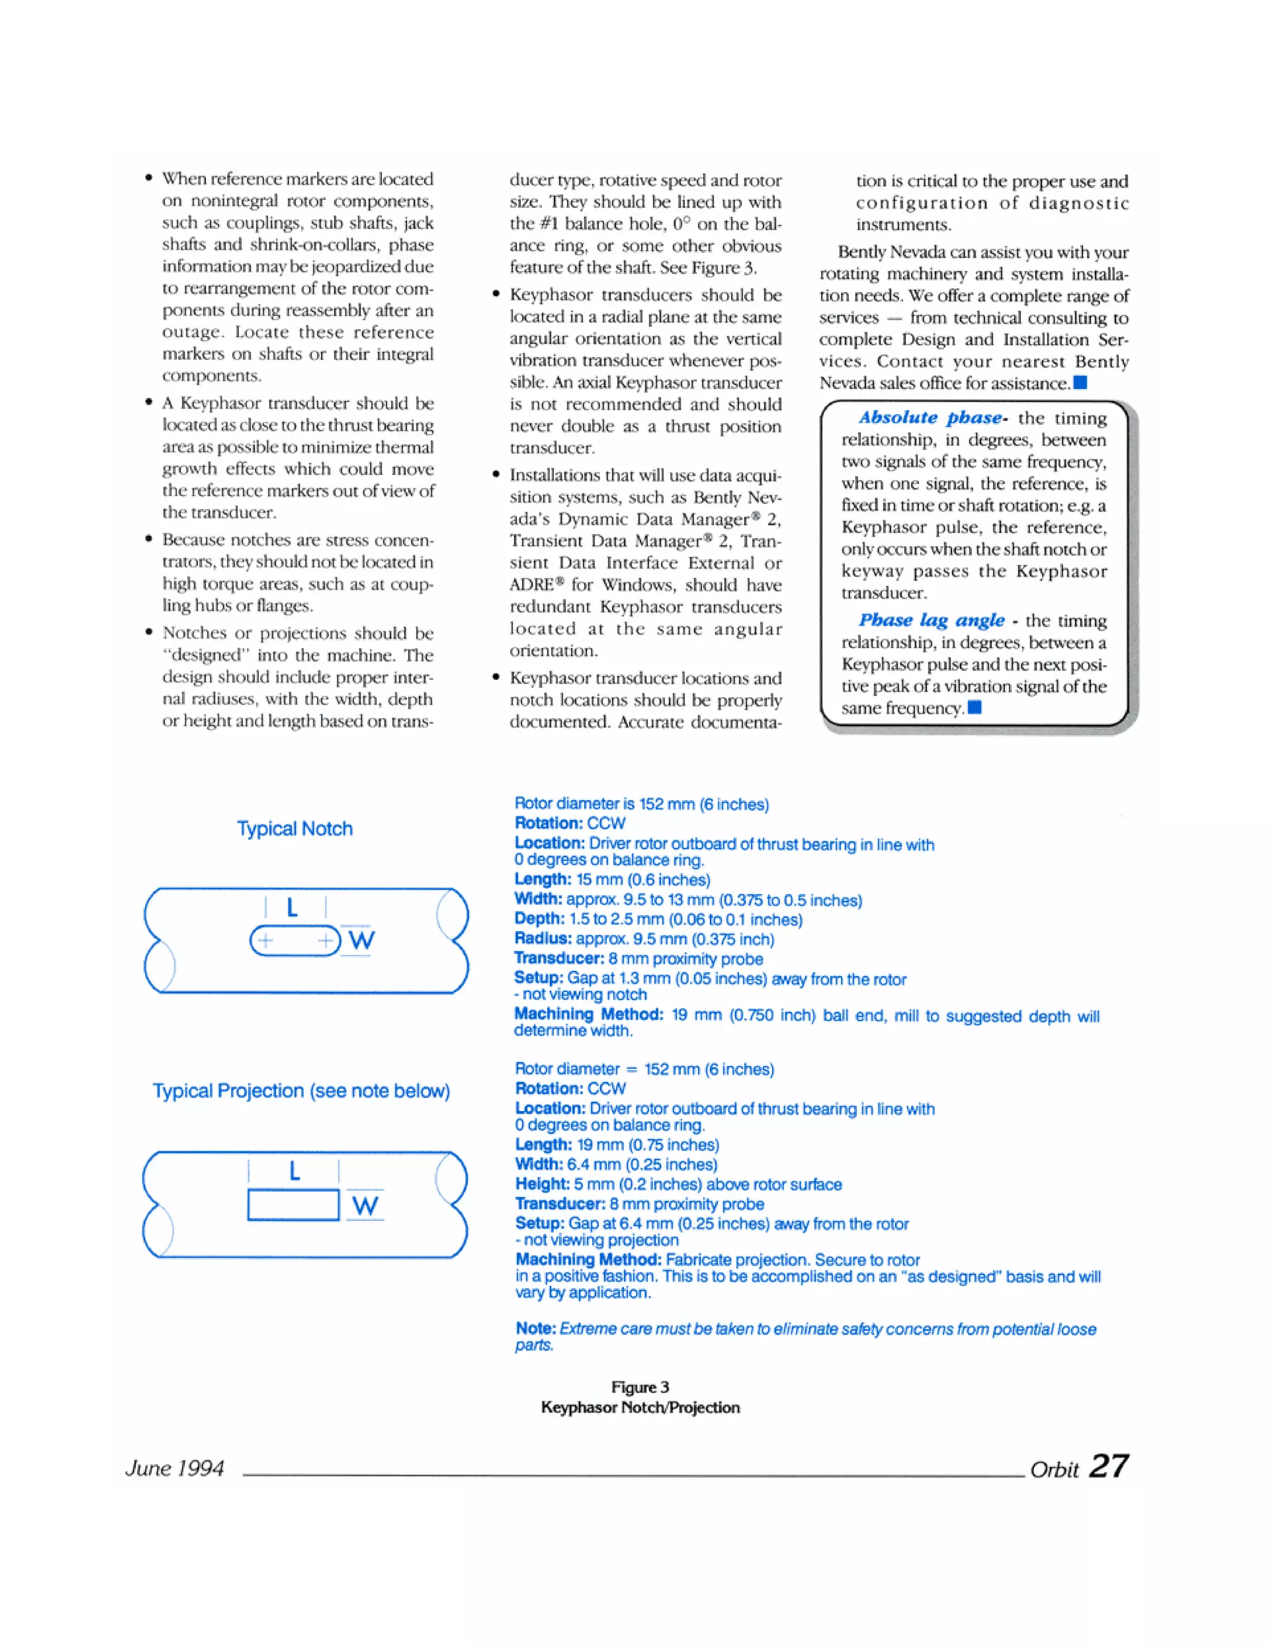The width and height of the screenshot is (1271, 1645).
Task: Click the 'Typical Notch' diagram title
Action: click(294, 829)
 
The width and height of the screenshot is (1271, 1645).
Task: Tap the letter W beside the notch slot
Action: click(361, 940)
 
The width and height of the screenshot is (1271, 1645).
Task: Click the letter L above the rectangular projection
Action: click(294, 1171)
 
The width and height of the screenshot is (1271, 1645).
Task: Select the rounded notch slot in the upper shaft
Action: click(294, 940)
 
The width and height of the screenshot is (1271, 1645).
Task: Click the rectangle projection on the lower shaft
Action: click(293, 1204)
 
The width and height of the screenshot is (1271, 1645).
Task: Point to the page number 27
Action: click(1108, 1466)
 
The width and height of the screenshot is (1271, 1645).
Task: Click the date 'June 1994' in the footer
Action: click(174, 1468)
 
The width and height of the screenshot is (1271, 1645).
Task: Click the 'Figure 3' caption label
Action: click(639, 1387)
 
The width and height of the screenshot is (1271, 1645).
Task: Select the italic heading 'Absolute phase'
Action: click(931, 417)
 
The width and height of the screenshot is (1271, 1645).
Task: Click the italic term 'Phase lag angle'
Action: click(932, 620)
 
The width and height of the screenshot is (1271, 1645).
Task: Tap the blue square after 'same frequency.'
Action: click(974, 707)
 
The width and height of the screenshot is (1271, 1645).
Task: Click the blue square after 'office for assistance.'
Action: click(1080, 382)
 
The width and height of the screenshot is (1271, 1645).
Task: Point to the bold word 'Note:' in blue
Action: click(536, 1328)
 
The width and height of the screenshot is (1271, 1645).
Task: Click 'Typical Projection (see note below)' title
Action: click(301, 1091)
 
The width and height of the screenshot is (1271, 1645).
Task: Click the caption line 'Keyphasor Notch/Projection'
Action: click(640, 1407)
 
